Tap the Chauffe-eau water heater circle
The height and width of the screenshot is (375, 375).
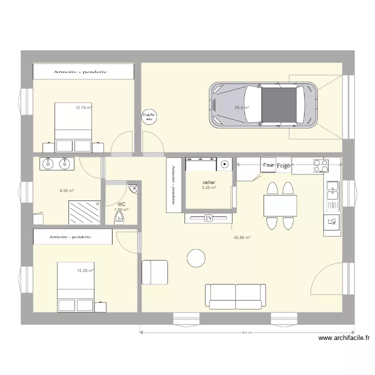point(149,116)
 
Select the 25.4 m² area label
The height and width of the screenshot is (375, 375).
point(242,107)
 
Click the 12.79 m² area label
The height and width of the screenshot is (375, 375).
point(83,107)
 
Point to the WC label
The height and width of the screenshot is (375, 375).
point(121,204)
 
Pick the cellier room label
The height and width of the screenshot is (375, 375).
point(209,182)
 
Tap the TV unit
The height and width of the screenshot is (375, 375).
point(208,218)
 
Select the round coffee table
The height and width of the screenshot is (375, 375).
point(196,258)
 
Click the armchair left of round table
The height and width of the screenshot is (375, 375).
point(154,272)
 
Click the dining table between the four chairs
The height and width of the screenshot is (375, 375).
point(280,205)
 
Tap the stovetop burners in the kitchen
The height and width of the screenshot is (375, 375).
point(320,165)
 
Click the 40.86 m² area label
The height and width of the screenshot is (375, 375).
point(241,238)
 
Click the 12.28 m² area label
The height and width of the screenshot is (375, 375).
point(85,270)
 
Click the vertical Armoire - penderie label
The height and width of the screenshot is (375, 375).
point(173,185)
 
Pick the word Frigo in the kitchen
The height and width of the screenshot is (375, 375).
point(283,166)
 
